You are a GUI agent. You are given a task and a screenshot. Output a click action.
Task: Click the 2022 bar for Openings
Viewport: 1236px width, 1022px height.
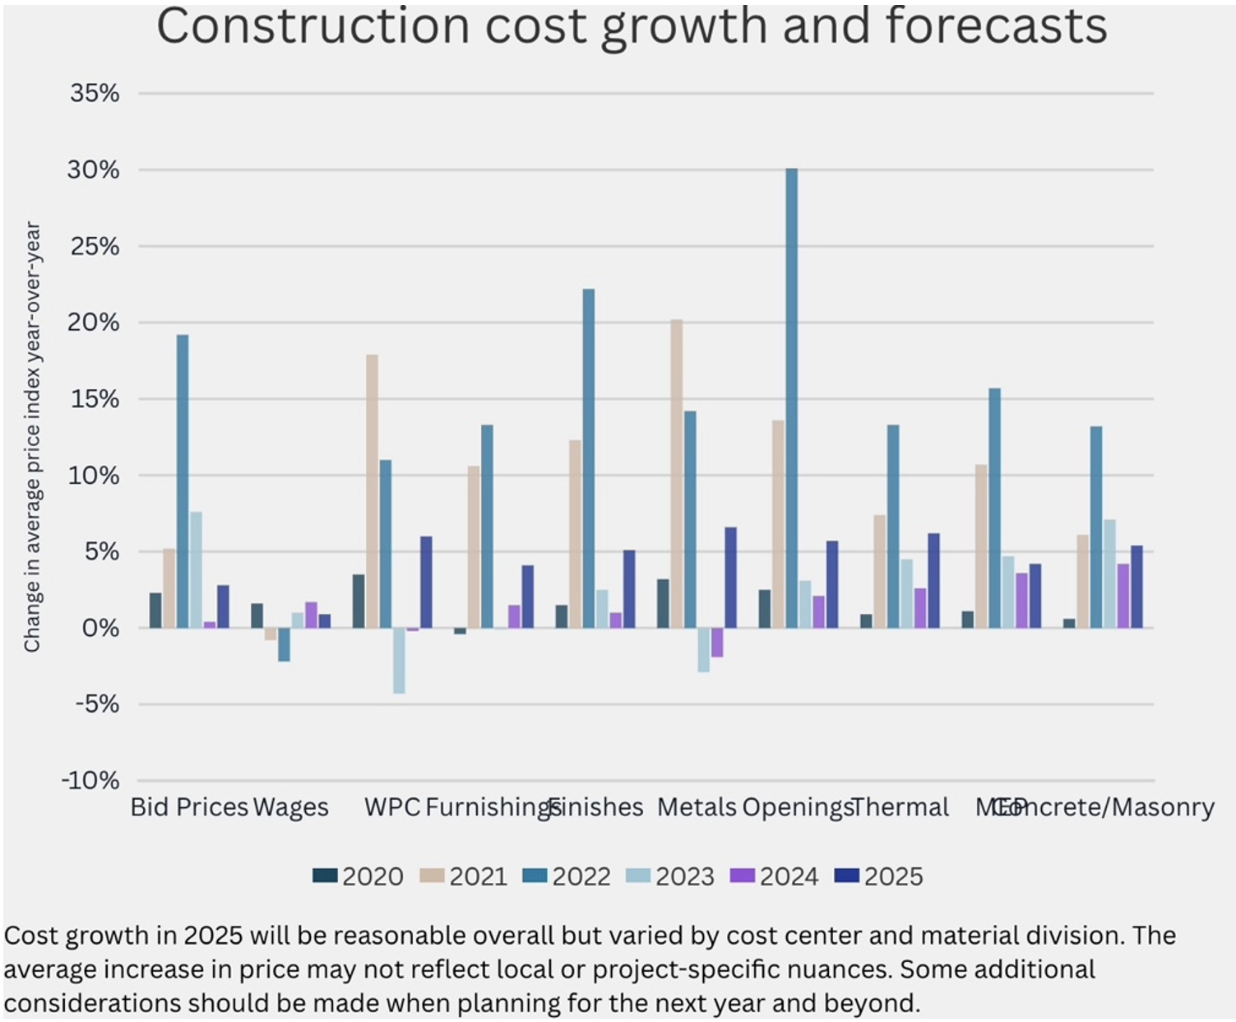coord(791,398)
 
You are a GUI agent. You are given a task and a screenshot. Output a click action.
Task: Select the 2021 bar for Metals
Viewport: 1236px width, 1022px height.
coord(676,474)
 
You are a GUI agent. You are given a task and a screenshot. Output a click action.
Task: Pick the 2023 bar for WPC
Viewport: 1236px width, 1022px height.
coord(399,661)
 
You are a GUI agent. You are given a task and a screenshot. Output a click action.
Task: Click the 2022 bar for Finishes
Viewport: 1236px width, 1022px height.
coord(588,458)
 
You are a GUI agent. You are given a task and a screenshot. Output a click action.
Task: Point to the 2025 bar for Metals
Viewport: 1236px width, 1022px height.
coord(730,578)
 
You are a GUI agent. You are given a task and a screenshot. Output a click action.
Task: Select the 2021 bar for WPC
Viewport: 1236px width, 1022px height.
coord(372,491)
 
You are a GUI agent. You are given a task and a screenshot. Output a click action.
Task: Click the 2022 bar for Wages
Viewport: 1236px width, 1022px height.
coord(284,644)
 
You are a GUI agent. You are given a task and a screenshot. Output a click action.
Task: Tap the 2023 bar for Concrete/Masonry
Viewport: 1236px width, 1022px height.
coord(1109,574)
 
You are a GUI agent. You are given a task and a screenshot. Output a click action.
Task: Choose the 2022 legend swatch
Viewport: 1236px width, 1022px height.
coord(535,876)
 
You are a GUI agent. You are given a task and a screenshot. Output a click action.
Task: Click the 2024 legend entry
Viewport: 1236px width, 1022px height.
coord(775,876)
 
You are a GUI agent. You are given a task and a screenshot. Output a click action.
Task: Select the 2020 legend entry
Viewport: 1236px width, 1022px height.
coord(359,876)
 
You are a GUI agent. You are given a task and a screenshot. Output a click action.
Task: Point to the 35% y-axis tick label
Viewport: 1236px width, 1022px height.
coord(95,93)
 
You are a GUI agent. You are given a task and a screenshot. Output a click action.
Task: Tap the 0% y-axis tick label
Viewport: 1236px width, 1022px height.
coord(100,628)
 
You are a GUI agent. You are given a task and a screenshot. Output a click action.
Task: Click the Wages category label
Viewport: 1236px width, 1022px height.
coord(290,807)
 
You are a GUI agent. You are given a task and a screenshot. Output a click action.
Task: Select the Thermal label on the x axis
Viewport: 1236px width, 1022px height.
coord(900,807)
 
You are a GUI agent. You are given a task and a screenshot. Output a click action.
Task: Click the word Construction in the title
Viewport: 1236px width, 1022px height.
coord(312,26)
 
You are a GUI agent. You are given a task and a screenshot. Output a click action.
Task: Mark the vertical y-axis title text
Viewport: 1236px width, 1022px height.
coord(32,436)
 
